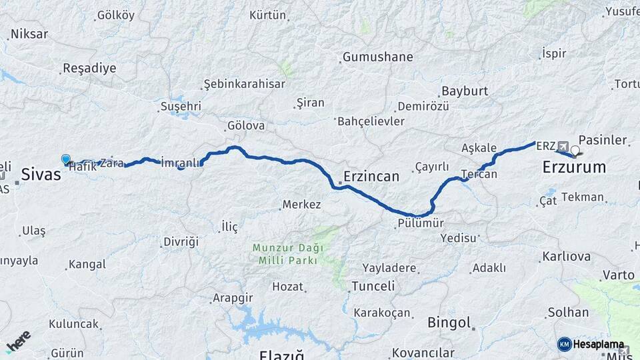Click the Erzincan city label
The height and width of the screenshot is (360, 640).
[371, 177]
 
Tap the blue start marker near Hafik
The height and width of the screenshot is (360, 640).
[66, 159]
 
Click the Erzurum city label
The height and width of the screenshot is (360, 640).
[574, 167]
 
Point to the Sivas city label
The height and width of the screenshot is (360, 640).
[41, 175]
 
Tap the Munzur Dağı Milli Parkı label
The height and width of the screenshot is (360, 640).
[287, 253]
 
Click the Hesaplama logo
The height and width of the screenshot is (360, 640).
[592, 344]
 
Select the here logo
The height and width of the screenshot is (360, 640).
[19, 341]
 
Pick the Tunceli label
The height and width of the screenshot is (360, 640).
[373, 286]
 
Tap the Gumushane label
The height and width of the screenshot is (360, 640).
[378, 57]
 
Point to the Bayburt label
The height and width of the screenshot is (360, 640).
[465, 91]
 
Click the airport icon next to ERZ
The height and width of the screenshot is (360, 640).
[563, 146]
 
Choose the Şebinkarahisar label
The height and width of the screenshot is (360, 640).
[245, 84]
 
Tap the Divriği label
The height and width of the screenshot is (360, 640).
[181, 241]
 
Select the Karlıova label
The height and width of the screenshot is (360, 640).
[567, 257]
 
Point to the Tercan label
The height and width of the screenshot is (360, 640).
[479, 174]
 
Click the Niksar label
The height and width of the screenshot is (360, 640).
[30, 34]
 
